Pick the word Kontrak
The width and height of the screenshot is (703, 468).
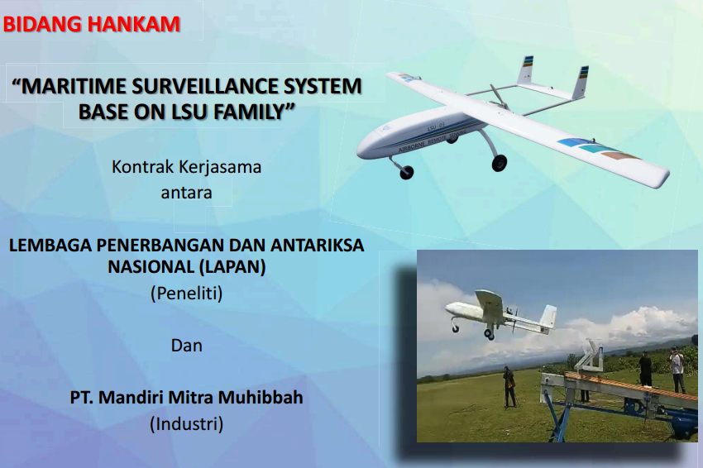[x=142, y=167]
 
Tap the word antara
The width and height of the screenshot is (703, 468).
[x=187, y=193]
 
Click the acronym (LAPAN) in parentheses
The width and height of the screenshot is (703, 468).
[x=232, y=267]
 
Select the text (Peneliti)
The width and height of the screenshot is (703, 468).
[x=187, y=294]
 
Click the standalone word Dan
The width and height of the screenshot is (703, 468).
[x=187, y=346]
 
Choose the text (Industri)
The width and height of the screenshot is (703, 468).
[x=187, y=424]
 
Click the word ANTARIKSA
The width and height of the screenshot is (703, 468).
[x=317, y=246]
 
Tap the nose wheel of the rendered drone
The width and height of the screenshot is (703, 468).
[x=406, y=172]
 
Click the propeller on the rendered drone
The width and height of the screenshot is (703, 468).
[x=497, y=95]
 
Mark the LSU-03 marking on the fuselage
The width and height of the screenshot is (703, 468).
[x=435, y=127]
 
